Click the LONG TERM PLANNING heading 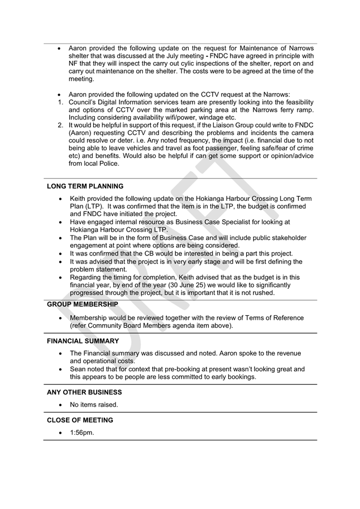[85, 186]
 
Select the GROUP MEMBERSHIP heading [82, 304]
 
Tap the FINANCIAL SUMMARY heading [83, 340]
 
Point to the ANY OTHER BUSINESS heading [84, 392]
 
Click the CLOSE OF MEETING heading [80, 420]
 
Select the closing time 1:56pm [82, 433]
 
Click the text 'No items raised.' [94, 405]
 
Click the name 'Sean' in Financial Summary [78, 369]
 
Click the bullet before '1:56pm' [60, 433]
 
